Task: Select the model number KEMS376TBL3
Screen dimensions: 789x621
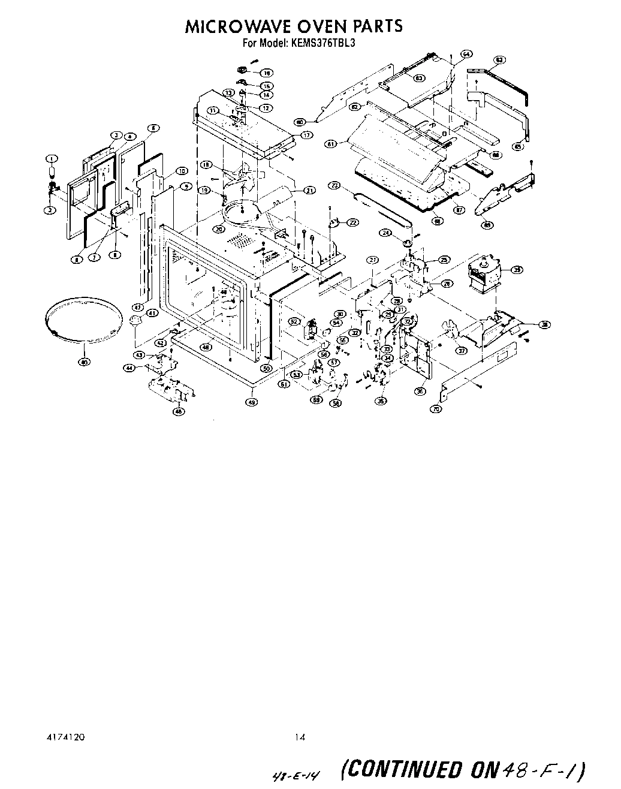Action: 329,43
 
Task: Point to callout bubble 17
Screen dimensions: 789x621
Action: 308,135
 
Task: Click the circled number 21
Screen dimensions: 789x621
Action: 309,191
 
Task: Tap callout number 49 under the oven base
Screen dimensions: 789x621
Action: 252,402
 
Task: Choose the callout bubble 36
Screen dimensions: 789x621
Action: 420,392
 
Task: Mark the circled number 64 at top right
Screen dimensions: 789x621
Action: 466,54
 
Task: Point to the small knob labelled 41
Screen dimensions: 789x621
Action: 135,320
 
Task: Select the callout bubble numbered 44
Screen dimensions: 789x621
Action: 129,368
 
